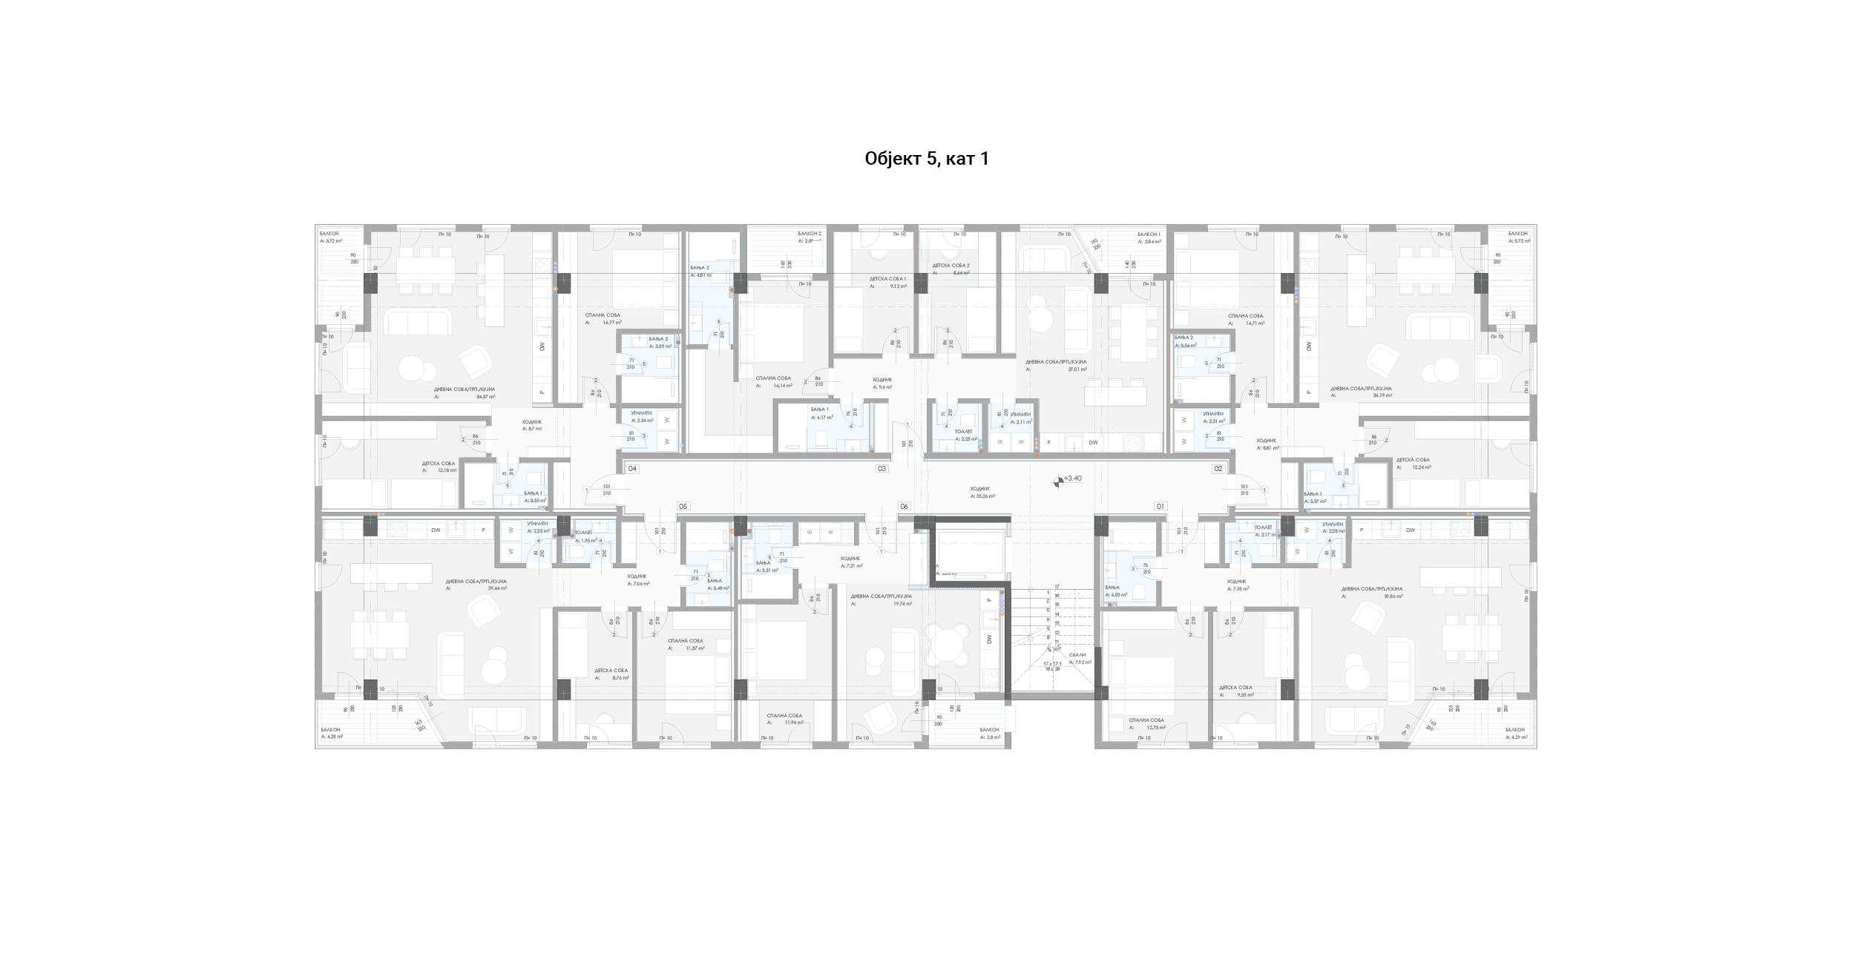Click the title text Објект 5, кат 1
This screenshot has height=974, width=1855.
(x=927, y=159)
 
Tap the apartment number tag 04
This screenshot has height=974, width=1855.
(x=633, y=469)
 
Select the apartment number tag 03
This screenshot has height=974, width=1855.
(x=882, y=469)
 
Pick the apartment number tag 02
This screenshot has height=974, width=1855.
(x=1218, y=469)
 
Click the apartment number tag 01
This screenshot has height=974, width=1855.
(x=1160, y=507)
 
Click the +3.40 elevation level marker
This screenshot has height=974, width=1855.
(x=1072, y=479)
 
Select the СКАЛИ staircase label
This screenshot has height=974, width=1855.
(x=1078, y=655)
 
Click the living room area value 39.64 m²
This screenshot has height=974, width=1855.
(x=497, y=588)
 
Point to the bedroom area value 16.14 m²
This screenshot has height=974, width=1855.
(x=784, y=386)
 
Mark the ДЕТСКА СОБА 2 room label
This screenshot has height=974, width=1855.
(x=951, y=266)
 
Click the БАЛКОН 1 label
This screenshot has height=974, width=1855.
(x=1149, y=234)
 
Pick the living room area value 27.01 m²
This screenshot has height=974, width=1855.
(x=1077, y=369)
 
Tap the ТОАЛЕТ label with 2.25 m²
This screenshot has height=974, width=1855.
(x=963, y=431)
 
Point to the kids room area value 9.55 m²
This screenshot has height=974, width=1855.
(x=1245, y=695)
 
